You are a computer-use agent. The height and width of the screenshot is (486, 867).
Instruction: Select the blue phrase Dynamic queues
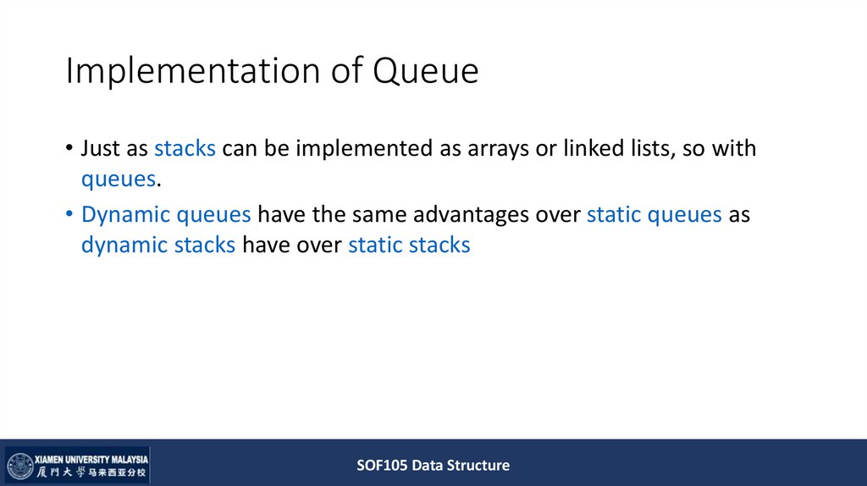pos(166,215)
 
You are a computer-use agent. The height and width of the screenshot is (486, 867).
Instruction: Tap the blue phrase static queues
pos(654,215)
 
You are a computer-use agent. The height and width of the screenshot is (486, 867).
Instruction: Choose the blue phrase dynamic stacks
pos(158,246)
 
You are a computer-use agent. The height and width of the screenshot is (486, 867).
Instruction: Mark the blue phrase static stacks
pos(409,246)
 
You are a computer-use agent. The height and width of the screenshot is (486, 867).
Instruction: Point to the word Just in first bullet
pos(98,149)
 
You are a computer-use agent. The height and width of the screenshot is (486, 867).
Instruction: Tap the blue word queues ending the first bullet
pos(119,179)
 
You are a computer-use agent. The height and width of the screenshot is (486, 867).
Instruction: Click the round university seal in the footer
pos(20,466)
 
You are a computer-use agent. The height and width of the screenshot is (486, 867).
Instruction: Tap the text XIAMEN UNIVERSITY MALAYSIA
pos(91,457)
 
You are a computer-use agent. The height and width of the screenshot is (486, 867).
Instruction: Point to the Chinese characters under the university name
pos(91,472)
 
